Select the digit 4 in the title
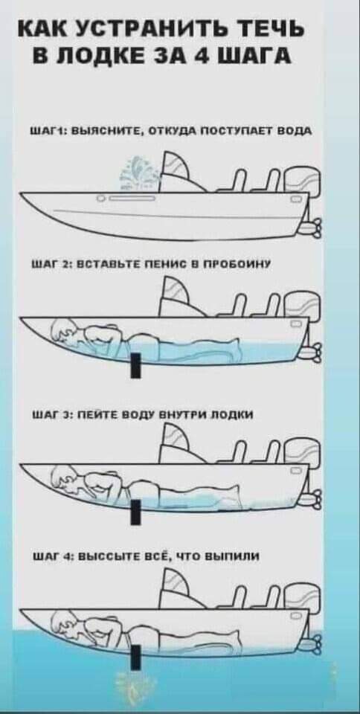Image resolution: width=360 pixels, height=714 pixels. point(208,58)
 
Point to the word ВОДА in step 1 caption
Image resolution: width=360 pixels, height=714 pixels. point(295,132)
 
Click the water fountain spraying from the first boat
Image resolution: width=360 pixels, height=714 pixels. point(137,174)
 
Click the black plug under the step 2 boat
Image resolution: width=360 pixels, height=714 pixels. point(135,364)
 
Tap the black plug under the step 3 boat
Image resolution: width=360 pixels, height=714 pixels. point(135,512)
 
